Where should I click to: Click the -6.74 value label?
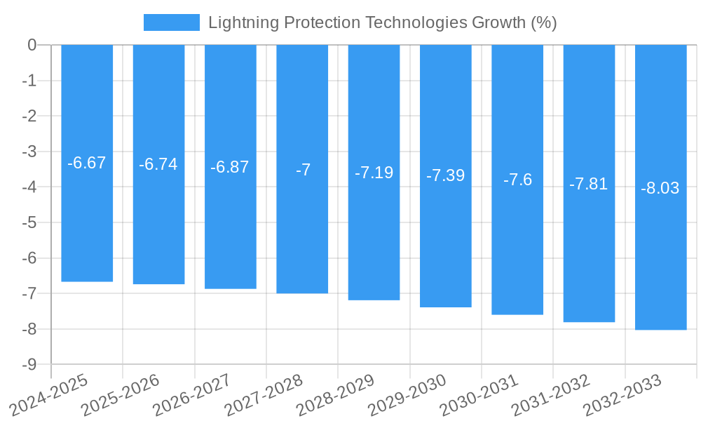pyautogui.click(x=158, y=165)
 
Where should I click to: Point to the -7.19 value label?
pyautogui.click(x=374, y=173)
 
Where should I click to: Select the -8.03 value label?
pyautogui.click(x=660, y=188)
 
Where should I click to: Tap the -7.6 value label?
pyautogui.click(x=517, y=180)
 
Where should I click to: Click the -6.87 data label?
pyautogui.click(x=230, y=167)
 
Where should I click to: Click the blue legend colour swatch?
pyautogui.click(x=171, y=22)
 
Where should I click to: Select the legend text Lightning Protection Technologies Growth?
pyautogui.click(x=382, y=22)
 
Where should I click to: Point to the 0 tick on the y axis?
pyautogui.click(x=32, y=45)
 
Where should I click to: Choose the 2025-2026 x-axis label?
pyautogui.click(x=121, y=395)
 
